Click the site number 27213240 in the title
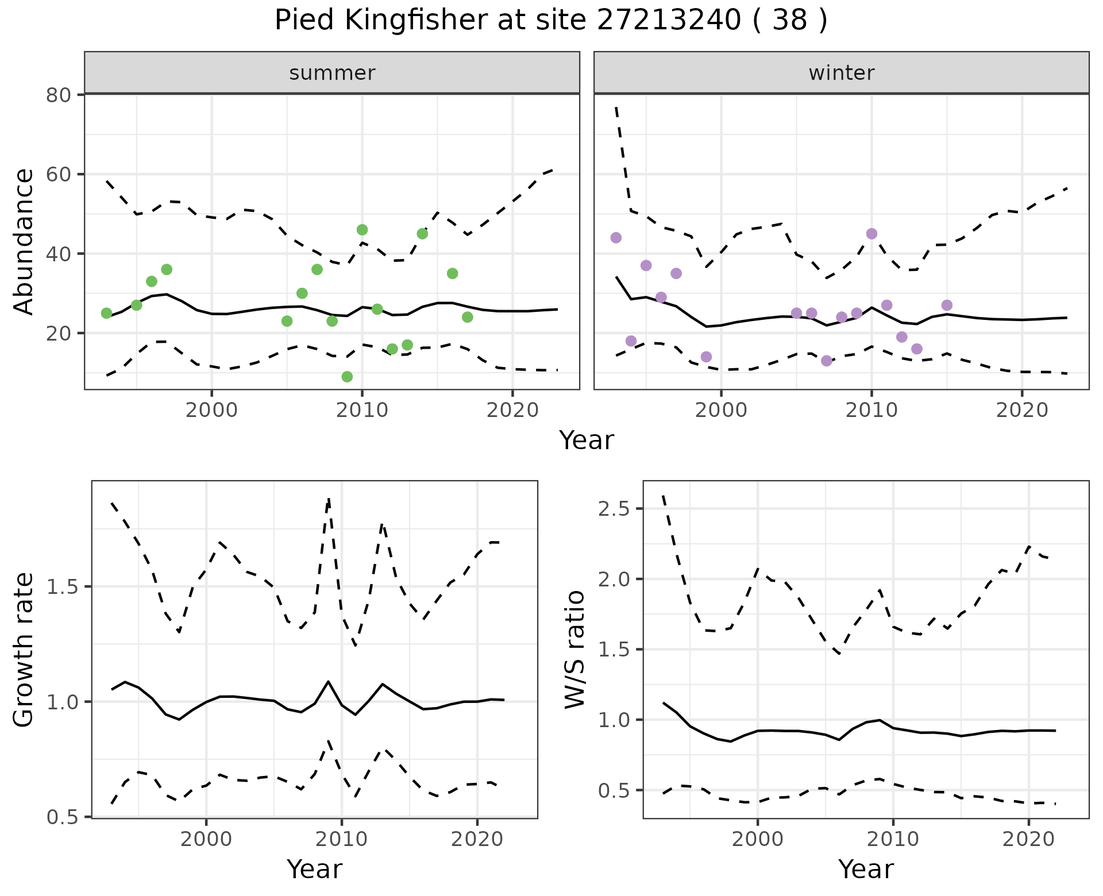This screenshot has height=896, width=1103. click(x=668, y=21)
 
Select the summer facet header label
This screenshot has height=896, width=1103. click(x=332, y=73)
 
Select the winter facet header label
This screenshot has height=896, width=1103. click(x=842, y=73)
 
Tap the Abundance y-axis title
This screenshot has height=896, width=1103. click(x=24, y=242)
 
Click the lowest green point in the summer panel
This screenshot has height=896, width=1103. click(x=347, y=377)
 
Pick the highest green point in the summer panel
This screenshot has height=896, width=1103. click(x=362, y=230)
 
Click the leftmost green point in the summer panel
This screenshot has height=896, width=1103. click(x=106, y=313)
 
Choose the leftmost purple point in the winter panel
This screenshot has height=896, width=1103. click(x=616, y=238)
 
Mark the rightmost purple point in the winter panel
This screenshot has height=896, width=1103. click(x=947, y=305)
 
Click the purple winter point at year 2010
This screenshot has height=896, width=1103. click(x=871, y=234)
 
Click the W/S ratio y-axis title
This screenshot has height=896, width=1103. click(x=574, y=650)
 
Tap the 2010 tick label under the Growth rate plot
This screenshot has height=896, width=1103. click(x=342, y=839)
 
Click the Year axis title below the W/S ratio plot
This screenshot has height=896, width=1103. click(x=866, y=869)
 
